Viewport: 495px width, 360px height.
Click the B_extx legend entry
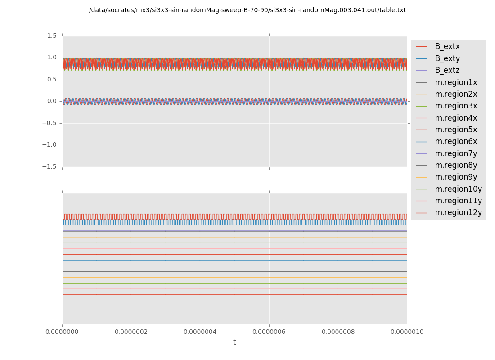click(x=447, y=46)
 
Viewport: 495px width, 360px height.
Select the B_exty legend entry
click(x=447, y=58)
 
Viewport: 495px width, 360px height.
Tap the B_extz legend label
click(x=447, y=70)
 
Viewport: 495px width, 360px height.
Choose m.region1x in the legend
click(x=456, y=82)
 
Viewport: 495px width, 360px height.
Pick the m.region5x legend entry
click(x=456, y=130)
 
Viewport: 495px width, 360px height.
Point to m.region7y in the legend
click(x=456, y=153)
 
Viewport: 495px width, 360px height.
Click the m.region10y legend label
click(x=458, y=189)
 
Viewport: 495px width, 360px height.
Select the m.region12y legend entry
click(x=458, y=212)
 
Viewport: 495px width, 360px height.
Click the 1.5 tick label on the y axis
click(x=52, y=36)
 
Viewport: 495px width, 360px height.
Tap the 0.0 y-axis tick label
click(x=52, y=101)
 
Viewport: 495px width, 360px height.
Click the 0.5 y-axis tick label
click(x=52, y=79)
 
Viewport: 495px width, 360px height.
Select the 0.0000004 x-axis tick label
click(x=200, y=332)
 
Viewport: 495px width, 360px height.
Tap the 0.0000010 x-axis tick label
click(x=407, y=332)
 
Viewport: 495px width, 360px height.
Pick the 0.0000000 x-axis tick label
click(x=62, y=332)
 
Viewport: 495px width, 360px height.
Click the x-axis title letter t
click(x=234, y=342)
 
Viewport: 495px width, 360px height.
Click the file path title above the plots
click(x=247, y=10)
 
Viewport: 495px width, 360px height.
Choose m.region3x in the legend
click(x=456, y=106)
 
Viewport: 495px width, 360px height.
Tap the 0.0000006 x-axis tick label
click(x=269, y=332)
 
